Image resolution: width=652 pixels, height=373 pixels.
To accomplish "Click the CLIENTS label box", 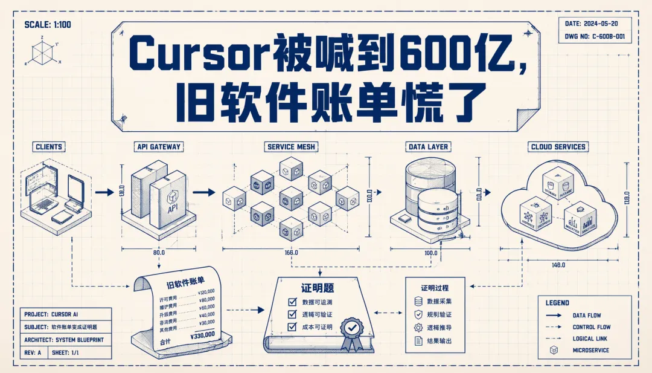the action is click(49, 147).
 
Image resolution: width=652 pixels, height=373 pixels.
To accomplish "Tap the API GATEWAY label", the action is click(159, 147).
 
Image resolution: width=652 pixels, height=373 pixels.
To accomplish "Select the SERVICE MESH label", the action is click(291, 147).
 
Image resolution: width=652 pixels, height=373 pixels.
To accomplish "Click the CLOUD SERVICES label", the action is click(558, 147).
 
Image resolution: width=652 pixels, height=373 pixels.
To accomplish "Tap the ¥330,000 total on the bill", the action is click(202, 333).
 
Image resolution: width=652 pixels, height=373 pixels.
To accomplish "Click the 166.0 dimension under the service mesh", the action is click(291, 253).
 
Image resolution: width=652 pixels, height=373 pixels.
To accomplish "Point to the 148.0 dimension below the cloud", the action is click(558, 265).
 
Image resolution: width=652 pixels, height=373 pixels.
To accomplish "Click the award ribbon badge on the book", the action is click(351, 333).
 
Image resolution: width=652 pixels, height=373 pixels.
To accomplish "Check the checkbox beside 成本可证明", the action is click(292, 327).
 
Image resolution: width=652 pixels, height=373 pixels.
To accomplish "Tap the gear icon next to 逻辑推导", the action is click(418, 328).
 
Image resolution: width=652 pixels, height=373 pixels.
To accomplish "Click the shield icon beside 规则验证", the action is click(418, 314).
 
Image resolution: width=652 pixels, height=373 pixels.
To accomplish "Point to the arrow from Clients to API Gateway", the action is click(104, 193).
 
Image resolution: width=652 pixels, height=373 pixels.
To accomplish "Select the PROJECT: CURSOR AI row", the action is click(66, 314).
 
